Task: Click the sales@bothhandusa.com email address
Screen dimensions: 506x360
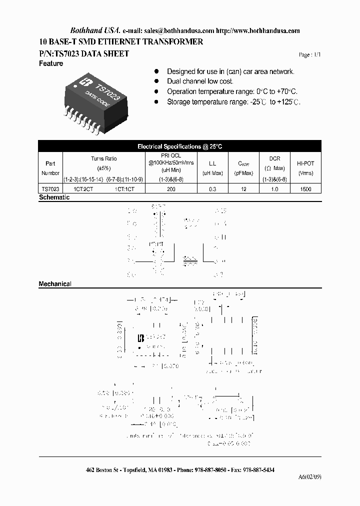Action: click(x=186, y=30)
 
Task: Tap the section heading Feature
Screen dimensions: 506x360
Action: click(x=51, y=63)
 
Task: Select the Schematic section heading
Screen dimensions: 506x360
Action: click(x=54, y=197)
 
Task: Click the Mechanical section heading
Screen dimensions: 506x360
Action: click(x=55, y=284)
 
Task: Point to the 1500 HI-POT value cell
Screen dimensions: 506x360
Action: click(x=306, y=189)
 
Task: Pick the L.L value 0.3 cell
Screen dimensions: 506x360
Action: click(x=212, y=189)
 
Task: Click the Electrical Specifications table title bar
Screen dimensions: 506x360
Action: click(x=179, y=146)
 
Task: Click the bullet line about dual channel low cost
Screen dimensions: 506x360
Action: click(x=200, y=81)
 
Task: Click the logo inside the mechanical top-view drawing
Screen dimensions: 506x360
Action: click(x=140, y=338)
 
